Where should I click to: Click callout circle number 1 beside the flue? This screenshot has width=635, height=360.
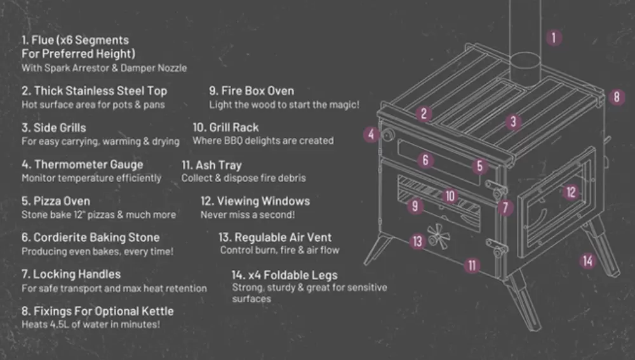coord(554,37)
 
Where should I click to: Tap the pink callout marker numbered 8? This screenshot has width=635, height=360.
coord(617,97)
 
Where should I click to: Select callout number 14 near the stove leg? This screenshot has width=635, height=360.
coord(588,260)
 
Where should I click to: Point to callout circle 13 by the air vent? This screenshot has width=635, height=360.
coord(418,241)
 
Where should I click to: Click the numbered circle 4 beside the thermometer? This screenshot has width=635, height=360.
coord(371,135)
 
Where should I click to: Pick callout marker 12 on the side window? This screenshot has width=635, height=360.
coord(571,192)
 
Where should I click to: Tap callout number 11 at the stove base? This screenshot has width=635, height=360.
coord(472,265)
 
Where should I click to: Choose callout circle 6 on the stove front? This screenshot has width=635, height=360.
coord(425,160)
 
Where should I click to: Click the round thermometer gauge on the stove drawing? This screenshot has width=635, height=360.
coord(388,135)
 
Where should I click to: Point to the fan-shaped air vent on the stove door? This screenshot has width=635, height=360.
coord(439,236)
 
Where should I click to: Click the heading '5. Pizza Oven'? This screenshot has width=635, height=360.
coord(56,201)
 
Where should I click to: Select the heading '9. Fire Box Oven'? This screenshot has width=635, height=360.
coord(251,91)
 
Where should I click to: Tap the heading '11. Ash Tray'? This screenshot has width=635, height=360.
coord(211,165)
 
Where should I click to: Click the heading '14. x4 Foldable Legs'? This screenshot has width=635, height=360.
coord(284,276)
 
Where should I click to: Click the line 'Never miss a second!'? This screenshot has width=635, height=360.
coord(248,215)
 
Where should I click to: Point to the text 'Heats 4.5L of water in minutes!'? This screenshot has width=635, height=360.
coord(91,324)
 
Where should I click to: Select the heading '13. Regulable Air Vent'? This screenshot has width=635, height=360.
coord(275,237)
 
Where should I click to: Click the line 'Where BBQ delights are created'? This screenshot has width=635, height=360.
coord(264,140)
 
